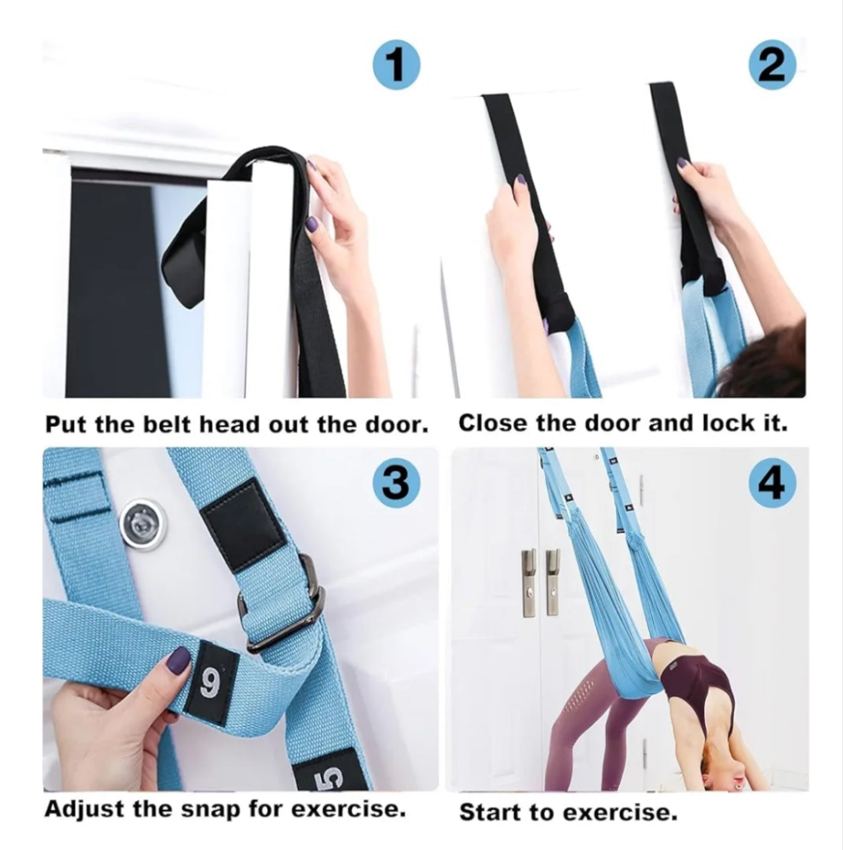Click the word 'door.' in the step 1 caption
(x=396, y=424)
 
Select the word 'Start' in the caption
(x=490, y=813)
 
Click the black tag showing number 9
(x=210, y=683)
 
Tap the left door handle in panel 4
(x=530, y=583)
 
